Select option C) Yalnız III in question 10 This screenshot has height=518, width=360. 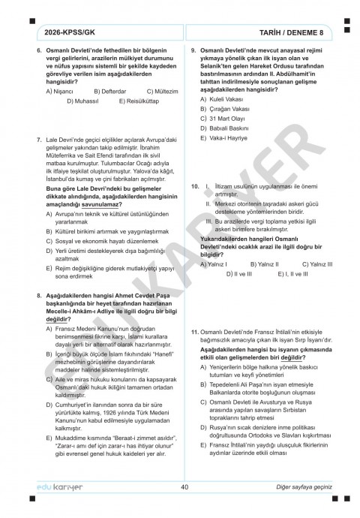pos(316,264)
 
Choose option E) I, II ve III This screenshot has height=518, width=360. pos(281,274)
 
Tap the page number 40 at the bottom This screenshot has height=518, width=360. pos(184,487)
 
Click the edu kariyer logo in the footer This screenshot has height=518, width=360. pos(58,488)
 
